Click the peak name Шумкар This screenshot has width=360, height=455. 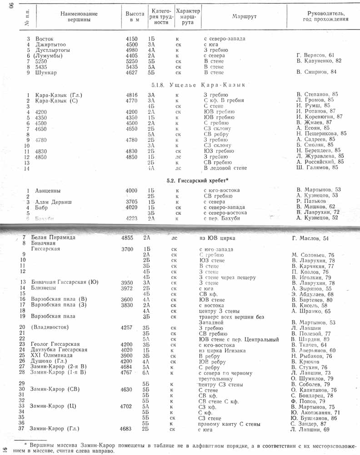[46, 72]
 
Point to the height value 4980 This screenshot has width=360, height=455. [131, 51]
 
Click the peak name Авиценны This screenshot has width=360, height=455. [48, 191]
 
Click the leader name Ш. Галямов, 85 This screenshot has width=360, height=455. [317, 167]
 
